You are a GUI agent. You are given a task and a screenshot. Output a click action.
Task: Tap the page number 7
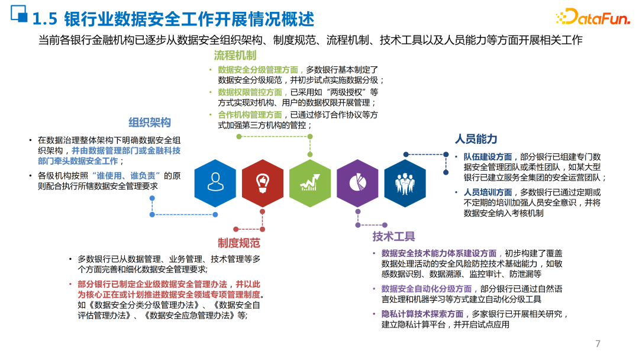click(598, 344)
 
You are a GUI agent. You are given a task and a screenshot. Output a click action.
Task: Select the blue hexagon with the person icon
click(215, 183)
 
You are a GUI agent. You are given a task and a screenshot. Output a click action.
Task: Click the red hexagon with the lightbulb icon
click(262, 183)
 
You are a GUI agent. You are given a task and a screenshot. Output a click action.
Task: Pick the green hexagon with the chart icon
click(309, 183)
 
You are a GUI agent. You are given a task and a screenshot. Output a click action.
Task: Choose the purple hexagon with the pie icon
click(357, 183)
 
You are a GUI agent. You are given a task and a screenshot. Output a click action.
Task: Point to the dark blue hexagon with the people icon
click(405, 183)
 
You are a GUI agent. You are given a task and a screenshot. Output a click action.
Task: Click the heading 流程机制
click(235, 56)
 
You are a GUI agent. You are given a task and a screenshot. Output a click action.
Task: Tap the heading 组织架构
click(150, 123)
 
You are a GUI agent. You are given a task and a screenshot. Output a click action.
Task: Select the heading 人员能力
click(476, 139)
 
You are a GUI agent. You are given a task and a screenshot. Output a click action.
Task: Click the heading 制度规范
click(238, 243)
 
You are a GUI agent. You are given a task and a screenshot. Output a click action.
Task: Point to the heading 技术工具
click(393, 237)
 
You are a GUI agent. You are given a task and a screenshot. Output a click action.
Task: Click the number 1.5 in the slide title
click(44, 20)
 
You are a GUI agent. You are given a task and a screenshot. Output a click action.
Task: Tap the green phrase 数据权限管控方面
click(250, 92)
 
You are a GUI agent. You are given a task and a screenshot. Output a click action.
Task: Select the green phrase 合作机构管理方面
click(250, 115)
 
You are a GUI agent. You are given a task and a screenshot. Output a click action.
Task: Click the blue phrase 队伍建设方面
click(488, 157)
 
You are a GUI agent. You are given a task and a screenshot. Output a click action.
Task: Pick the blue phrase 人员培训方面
click(488, 192)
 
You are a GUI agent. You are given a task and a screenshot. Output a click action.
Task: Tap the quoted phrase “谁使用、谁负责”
click(127, 176)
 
